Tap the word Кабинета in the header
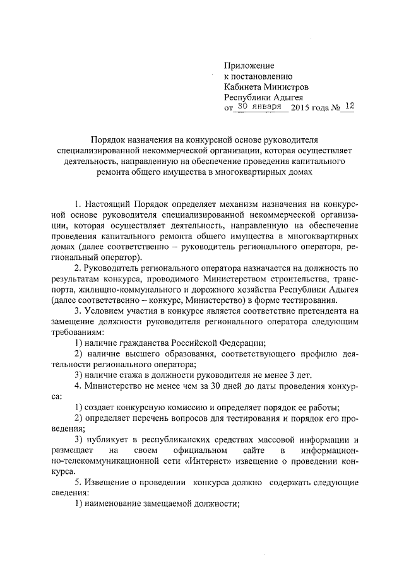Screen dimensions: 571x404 click(244, 87)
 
